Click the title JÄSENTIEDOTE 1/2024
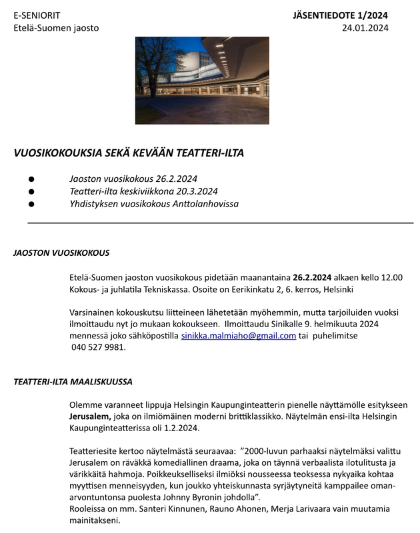[340, 15]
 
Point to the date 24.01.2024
[365, 28]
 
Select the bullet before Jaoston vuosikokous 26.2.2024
[31, 179]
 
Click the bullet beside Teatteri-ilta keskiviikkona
[31, 191]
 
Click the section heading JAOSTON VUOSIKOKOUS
[61, 254]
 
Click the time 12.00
[389, 277]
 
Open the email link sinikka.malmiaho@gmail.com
[238, 336]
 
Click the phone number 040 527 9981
[97, 347]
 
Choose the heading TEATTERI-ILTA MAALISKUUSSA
[73, 382]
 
